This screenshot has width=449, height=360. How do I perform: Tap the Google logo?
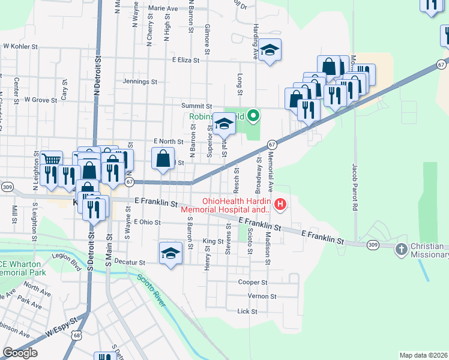[20, 353]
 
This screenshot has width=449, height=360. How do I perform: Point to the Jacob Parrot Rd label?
[356, 191]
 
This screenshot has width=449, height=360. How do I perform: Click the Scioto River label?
[151, 290]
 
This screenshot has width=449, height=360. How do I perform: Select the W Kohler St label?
[20, 46]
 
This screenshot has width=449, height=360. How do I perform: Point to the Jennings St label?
[139, 81]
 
